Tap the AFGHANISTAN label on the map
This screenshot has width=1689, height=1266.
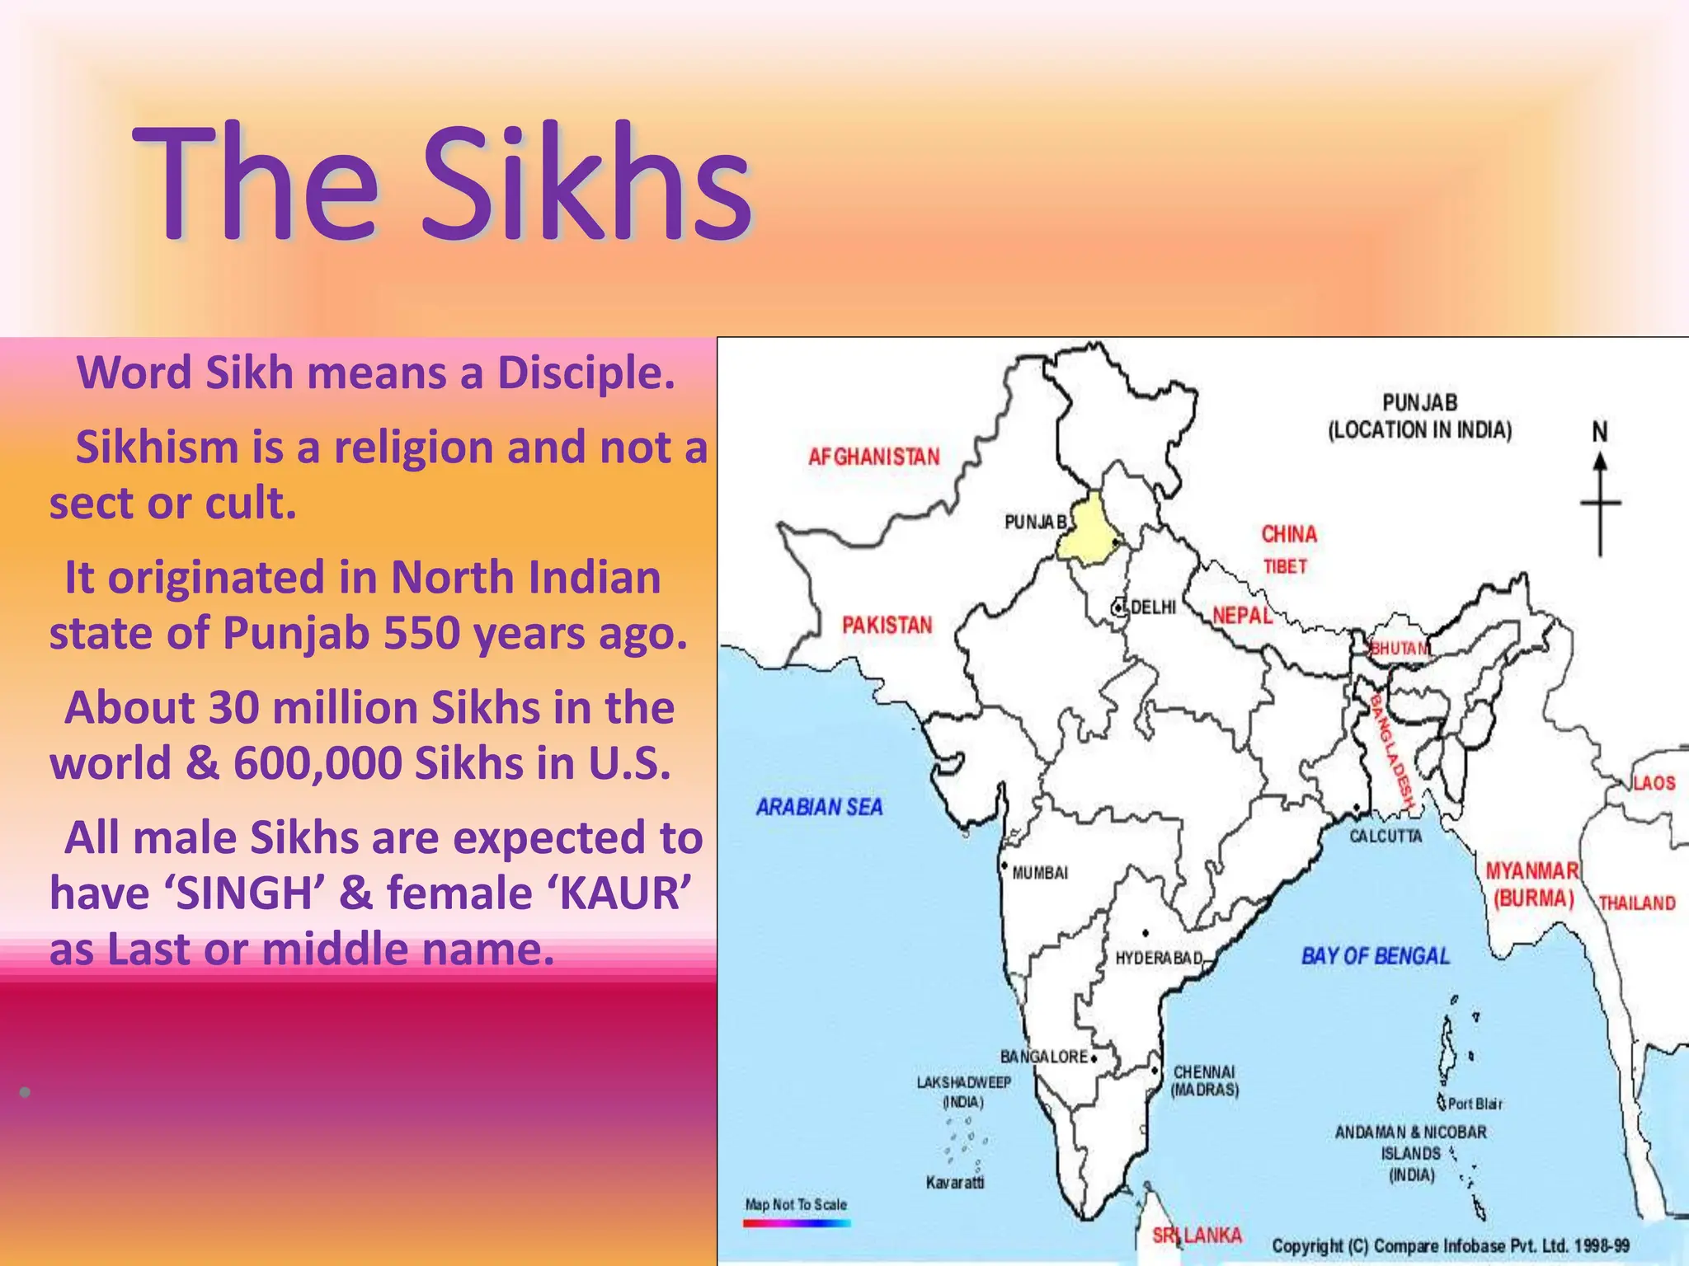pos(873,457)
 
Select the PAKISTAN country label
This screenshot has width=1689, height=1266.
pos(887,626)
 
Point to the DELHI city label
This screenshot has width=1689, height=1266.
pos(1153,607)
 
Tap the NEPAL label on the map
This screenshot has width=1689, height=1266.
pos(1242,616)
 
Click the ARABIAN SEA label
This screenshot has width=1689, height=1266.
pos(819,807)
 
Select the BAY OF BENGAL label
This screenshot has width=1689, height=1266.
pos(1375,956)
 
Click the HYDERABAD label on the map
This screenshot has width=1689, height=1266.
pos(1159,959)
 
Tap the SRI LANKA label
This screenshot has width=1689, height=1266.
pos(1197,1236)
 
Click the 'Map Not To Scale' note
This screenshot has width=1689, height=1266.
pos(796,1205)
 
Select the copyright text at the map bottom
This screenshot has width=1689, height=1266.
pos(1451,1246)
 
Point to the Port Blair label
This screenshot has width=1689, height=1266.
pos(1475,1104)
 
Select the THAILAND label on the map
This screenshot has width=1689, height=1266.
pos(1637,903)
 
